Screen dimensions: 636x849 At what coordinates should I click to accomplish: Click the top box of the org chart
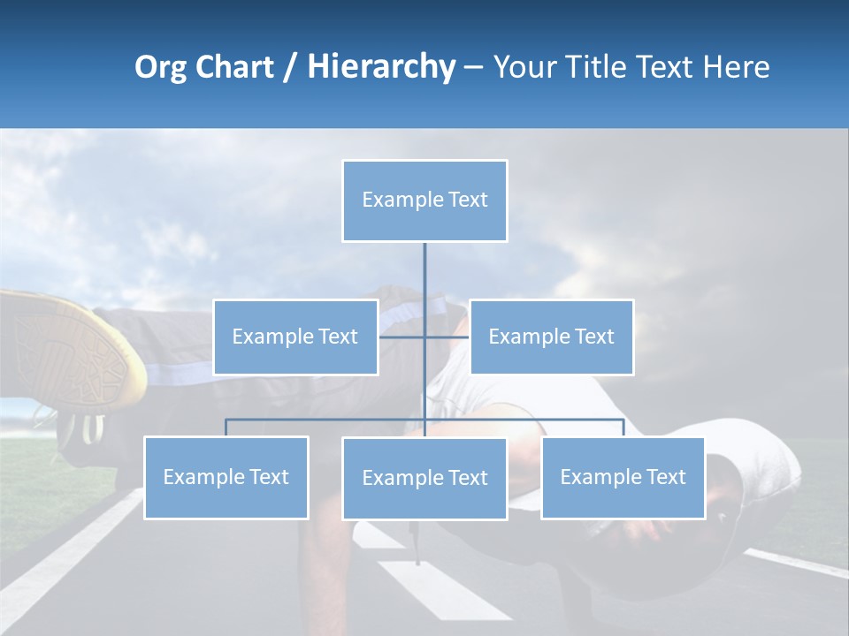pos(424,201)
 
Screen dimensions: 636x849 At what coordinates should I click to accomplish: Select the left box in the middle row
pos(295,337)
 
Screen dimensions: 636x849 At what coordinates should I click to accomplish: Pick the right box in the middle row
pos(551,337)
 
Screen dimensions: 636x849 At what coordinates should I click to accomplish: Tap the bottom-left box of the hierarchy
pos(226,477)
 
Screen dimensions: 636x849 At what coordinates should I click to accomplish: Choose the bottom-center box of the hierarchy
pos(424,478)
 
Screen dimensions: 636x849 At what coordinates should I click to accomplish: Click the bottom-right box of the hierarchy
pos(623,477)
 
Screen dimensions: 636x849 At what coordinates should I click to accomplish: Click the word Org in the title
pos(160,67)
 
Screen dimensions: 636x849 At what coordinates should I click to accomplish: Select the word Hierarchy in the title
pos(381,67)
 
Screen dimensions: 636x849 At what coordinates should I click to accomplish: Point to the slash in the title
pos(290,67)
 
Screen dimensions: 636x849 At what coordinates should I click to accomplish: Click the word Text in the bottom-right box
pos(665,477)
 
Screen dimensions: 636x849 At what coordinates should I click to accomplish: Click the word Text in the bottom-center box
pos(467,478)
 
